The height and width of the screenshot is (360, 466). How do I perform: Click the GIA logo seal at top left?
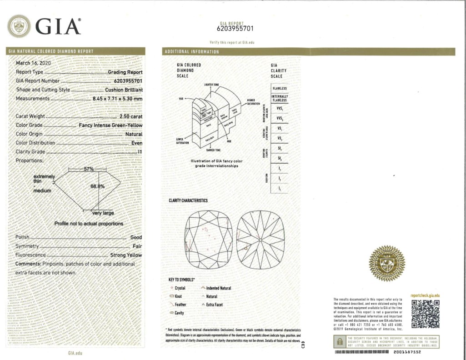pos(19,26)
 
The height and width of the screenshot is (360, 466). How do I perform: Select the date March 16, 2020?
pos(34,63)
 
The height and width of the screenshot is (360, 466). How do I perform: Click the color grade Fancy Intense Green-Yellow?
pos(110,125)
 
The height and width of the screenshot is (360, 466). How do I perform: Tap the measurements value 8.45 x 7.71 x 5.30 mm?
pos(117,98)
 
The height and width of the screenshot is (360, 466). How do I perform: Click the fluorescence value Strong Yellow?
pos(126,255)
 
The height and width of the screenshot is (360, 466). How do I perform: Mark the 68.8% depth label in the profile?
pos(97,186)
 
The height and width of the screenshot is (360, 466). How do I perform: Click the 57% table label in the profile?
pos(89,169)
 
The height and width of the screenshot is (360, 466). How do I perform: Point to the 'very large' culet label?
pos(103,213)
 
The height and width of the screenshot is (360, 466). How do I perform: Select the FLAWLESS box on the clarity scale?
pos(280,88)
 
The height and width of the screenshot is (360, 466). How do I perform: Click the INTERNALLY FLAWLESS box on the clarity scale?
pos(280,98)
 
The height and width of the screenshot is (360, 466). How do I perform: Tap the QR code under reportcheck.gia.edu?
pos(425,314)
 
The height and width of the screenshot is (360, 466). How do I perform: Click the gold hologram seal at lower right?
pos(386,263)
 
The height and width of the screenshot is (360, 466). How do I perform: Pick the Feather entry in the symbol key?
pos(180,305)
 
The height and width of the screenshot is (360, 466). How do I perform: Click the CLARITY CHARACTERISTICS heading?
pos(188,200)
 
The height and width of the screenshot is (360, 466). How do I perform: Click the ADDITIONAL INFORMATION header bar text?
pos(191,52)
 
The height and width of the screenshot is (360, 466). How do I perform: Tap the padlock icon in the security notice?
pos(339,341)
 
